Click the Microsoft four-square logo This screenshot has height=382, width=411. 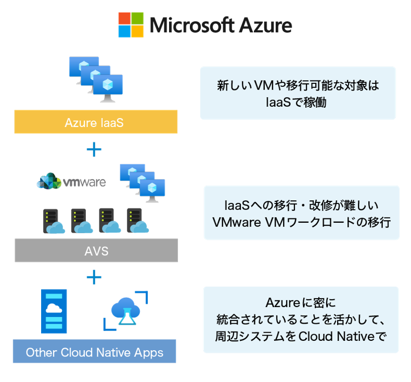[131, 24]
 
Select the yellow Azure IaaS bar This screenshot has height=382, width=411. [96, 122]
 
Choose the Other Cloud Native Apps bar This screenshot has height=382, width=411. [94, 352]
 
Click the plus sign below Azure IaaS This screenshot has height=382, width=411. [94, 150]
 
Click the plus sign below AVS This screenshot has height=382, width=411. [94, 277]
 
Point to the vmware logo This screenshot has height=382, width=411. [71, 181]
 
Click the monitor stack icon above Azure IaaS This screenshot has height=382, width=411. [97, 79]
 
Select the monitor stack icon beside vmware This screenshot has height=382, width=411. [142, 180]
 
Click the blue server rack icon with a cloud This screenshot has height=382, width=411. [54, 311]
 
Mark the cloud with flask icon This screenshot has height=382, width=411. [125, 310]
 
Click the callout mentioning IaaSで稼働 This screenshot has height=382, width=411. [298, 93]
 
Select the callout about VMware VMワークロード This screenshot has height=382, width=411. [301, 213]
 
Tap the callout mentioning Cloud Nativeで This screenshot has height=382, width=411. [301, 320]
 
